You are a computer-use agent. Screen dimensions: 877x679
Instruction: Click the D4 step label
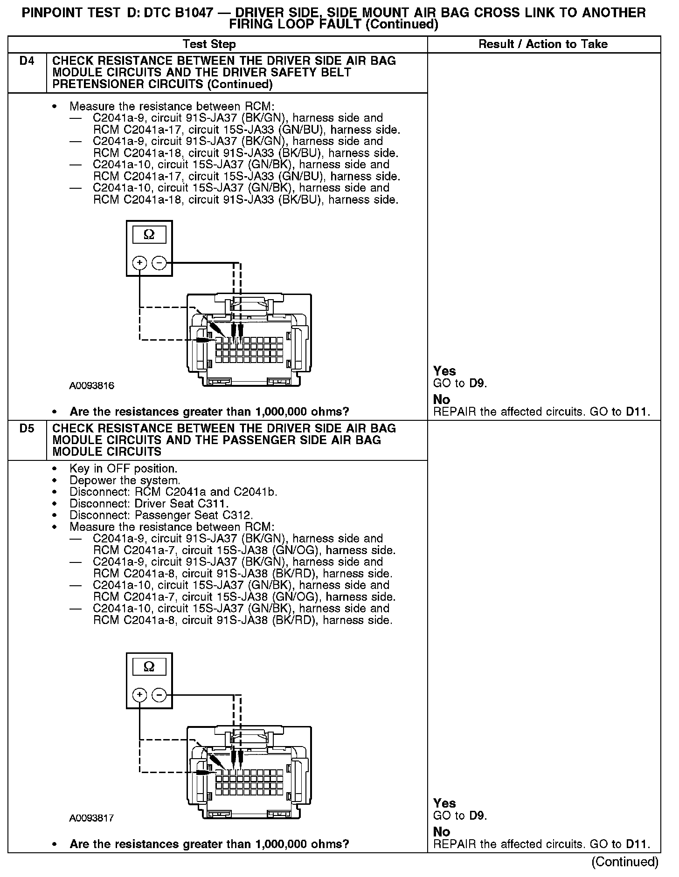(x=27, y=61)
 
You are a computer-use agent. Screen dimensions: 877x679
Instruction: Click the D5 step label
(x=27, y=429)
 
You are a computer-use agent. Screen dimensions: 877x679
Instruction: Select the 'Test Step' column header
(x=209, y=44)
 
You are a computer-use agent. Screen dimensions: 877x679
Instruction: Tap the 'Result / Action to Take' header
(x=543, y=44)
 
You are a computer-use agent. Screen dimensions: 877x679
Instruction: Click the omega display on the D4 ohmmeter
(x=149, y=235)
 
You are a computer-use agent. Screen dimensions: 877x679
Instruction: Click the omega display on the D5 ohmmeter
(x=149, y=667)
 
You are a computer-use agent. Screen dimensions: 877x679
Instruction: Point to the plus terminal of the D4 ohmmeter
(x=139, y=263)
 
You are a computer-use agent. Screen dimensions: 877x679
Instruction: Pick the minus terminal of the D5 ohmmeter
(x=159, y=695)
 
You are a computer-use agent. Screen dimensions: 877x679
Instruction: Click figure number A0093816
(x=92, y=386)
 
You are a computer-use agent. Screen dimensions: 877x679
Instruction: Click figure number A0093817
(x=92, y=818)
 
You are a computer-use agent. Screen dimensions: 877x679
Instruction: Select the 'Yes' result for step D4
(x=444, y=371)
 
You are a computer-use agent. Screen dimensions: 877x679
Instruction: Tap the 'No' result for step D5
(x=442, y=832)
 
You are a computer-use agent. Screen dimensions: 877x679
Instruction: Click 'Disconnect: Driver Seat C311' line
(x=149, y=504)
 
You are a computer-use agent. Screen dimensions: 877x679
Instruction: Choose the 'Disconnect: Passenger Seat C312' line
(x=161, y=515)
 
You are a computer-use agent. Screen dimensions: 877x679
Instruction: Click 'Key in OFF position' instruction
(x=123, y=468)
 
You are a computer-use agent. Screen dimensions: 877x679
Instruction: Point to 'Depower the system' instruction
(x=125, y=480)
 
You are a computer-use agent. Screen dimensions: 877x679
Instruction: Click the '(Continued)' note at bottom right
(x=624, y=862)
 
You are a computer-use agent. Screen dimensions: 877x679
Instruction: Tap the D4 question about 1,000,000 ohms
(x=209, y=412)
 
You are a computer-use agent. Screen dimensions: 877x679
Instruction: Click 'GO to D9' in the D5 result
(x=460, y=816)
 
